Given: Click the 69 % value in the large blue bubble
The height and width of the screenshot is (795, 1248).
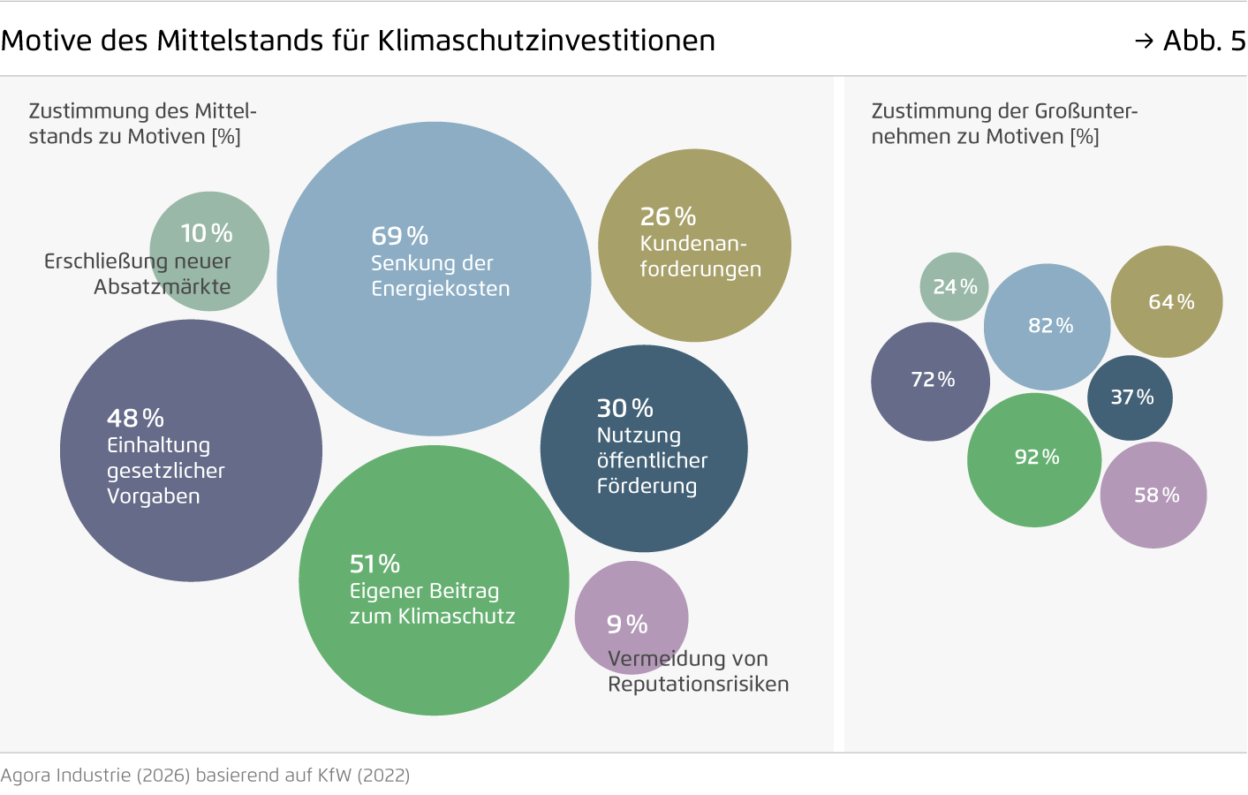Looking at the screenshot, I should [399, 236].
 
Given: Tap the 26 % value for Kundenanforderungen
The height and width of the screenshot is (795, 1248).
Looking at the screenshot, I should [668, 216].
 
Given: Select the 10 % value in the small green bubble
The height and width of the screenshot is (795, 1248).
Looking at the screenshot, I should [207, 233].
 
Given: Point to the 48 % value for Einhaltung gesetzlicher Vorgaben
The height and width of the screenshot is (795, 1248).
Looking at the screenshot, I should [135, 418].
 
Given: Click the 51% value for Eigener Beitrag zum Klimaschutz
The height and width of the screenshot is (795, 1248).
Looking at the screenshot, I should [374, 564].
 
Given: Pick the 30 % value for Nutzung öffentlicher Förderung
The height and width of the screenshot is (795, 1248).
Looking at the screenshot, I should [624, 408].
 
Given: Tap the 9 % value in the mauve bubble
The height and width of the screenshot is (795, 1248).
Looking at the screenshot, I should [627, 625].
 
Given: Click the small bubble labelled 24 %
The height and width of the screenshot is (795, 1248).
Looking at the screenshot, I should [954, 287].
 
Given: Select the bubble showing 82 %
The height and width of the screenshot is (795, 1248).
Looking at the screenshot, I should [1048, 326].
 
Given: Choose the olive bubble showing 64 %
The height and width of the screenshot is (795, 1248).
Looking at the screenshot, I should [1167, 302].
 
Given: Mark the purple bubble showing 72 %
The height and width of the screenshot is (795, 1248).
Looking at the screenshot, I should [931, 381].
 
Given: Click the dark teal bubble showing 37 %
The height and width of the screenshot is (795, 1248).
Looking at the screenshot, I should [1131, 397].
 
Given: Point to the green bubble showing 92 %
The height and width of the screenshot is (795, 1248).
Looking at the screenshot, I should [1034, 458].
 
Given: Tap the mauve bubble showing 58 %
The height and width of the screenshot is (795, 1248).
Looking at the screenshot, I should [1153, 496].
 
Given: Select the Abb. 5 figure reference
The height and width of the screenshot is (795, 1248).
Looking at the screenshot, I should [1203, 41].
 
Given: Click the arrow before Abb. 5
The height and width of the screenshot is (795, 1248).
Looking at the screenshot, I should [1144, 41].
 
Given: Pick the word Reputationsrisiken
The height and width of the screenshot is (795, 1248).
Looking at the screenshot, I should [698, 685].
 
